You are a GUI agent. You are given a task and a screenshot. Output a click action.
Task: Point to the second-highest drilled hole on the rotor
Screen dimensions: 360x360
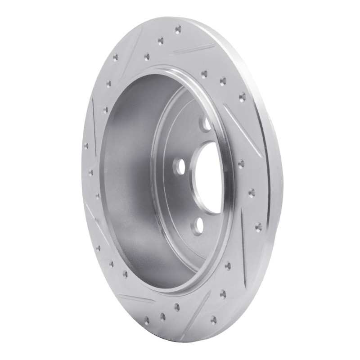pos(160,40)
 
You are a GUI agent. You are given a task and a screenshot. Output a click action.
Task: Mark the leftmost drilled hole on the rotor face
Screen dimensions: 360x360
pos(85,145)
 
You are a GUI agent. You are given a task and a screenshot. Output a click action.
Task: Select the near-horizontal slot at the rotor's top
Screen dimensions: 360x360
pos(196,48)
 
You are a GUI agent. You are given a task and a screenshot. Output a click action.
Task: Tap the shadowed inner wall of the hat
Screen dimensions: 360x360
pos(130,180)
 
